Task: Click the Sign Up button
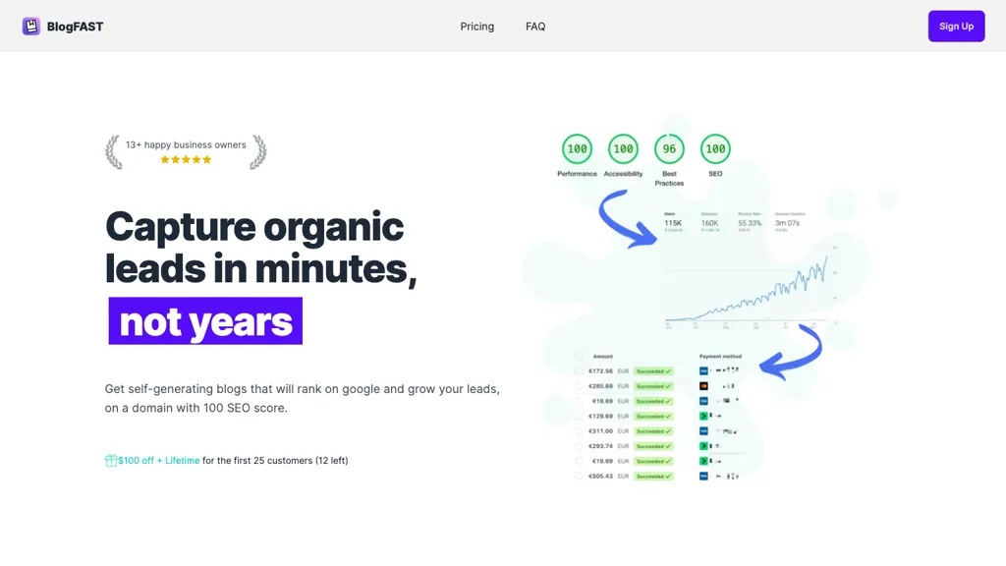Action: pyautogui.click(x=956, y=27)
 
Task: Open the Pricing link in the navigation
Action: pyautogui.click(x=477, y=27)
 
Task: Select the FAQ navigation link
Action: pyautogui.click(x=535, y=27)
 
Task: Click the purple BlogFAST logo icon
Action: pyautogui.click(x=31, y=27)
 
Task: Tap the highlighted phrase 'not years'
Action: pyautogui.click(x=205, y=321)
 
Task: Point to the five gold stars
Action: pyautogui.click(x=186, y=159)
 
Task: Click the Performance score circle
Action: pyautogui.click(x=577, y=149)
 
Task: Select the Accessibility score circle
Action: pyautogui.click(x=623, y=149)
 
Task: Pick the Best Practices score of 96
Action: pyautogui.click(x=669, y=149)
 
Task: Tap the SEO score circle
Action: pyautogui.click(x=715, y=149)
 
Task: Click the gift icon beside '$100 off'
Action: pyautogui.click(x=111, y=461)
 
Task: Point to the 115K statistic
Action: pyautogui.click(x=673, y=223)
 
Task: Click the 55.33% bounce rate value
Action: pyautogui.click(x=750, y=223)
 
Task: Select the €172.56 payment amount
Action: pyautogui.click(x=600, y=371)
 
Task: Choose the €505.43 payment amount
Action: pyautogui.click(x=600, y=477)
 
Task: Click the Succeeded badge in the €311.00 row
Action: pyautogui.click(x=653, y=431)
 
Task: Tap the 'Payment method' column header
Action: pyautogui.click(x=720, y=357)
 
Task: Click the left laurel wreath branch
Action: pyautogui.click(x=114, y=152)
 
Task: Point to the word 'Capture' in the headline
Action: pyautogui.click(x=181, y=227)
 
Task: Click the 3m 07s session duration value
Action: pyautogui.click(x=788, y=223)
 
